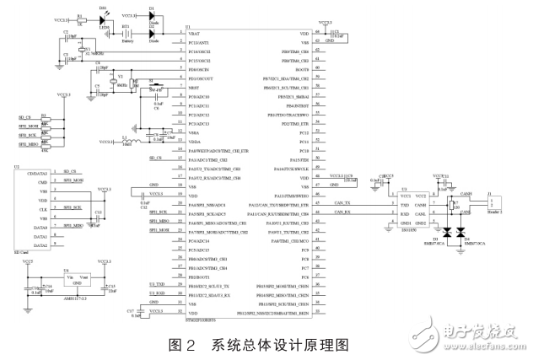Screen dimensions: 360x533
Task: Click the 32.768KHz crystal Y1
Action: click(x=81, y=49)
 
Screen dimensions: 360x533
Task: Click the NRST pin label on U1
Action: click(x=193, y=87)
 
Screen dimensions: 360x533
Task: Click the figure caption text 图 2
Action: click(x=184, y=344)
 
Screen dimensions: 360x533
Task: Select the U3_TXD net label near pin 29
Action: click(x=158, y=286)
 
